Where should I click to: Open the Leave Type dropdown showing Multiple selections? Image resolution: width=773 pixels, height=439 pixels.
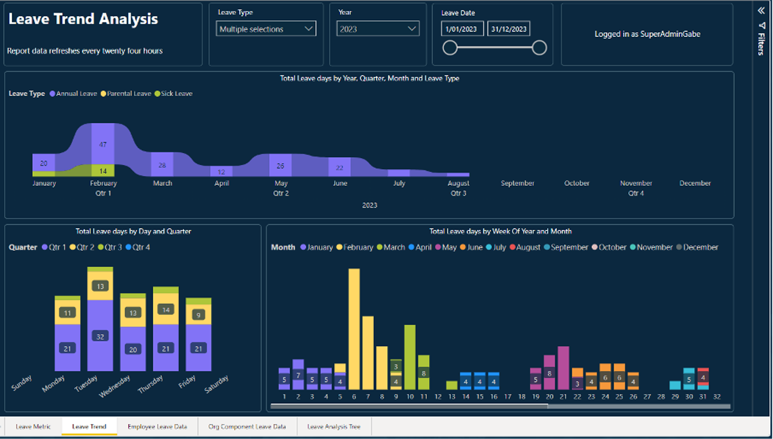click(266, 29)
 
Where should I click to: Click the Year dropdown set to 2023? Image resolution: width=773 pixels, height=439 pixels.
click(378, 29)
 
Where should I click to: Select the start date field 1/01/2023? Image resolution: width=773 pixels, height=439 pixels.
click(462, 29)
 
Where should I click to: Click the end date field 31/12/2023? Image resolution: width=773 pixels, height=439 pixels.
click(508, 29)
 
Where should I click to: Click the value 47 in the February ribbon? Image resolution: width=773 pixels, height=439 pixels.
click(103, 144)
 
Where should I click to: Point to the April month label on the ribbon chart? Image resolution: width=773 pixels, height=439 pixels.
click(221, 183)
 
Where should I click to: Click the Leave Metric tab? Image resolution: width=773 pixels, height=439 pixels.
click(33, 426)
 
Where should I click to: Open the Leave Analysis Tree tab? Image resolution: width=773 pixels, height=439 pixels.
click(333, 426)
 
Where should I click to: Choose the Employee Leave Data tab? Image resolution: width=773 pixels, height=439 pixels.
click(157, 426)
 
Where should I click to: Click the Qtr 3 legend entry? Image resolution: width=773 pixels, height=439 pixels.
click(112, 248)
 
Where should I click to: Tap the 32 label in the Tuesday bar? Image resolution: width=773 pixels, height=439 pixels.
click(100, 336)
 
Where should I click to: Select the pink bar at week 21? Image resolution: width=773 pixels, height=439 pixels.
click(563, 368)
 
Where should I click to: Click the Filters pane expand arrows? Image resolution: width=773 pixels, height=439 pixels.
click(761, 10)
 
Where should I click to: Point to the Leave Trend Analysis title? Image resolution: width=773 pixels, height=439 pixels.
click(83, 19)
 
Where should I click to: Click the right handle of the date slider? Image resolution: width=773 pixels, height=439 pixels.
click(539, 48)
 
